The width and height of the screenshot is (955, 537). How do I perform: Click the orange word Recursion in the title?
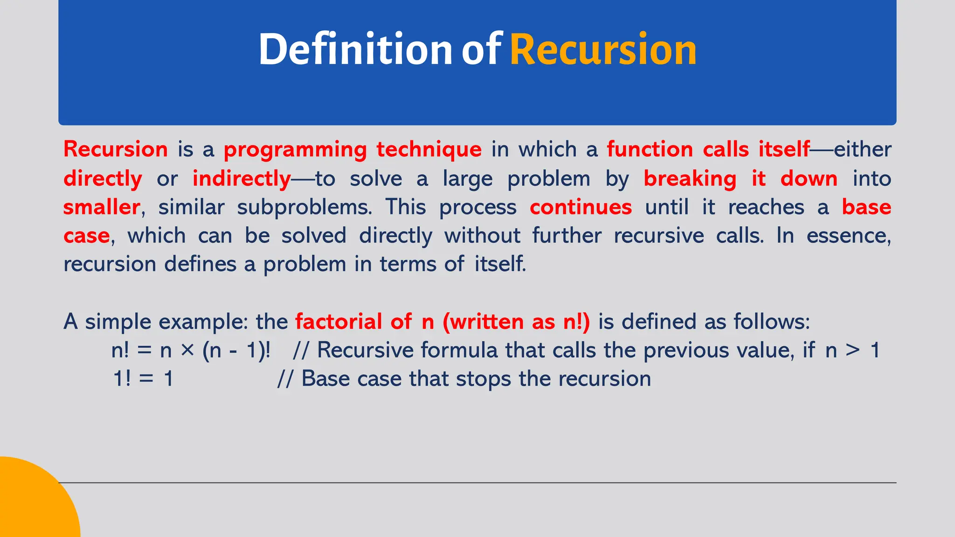pyautogui.click(x=603, y=49)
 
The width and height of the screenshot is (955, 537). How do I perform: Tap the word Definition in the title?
pyautogui.click(x=355, y=49)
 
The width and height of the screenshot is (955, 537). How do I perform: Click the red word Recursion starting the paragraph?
pyautogui.click(x=115, y=150)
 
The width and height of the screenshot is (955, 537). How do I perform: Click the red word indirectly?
pyautogui.click(x=242, y=179)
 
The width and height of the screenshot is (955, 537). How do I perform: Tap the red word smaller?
pyautogui.click(x=102, y=207)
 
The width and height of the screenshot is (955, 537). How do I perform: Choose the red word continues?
pyautogui.click(x=581, y=207)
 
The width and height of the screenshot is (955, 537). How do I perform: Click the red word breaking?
pyautogui.click(x=690, y=179)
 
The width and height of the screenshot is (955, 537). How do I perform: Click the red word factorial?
pyautogui.click(x=339, y=322)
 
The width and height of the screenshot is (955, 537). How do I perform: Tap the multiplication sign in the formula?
pyautogui.click(x=187, y=350)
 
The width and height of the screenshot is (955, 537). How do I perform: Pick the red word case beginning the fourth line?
pyautogui.click(x=86, y=236)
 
